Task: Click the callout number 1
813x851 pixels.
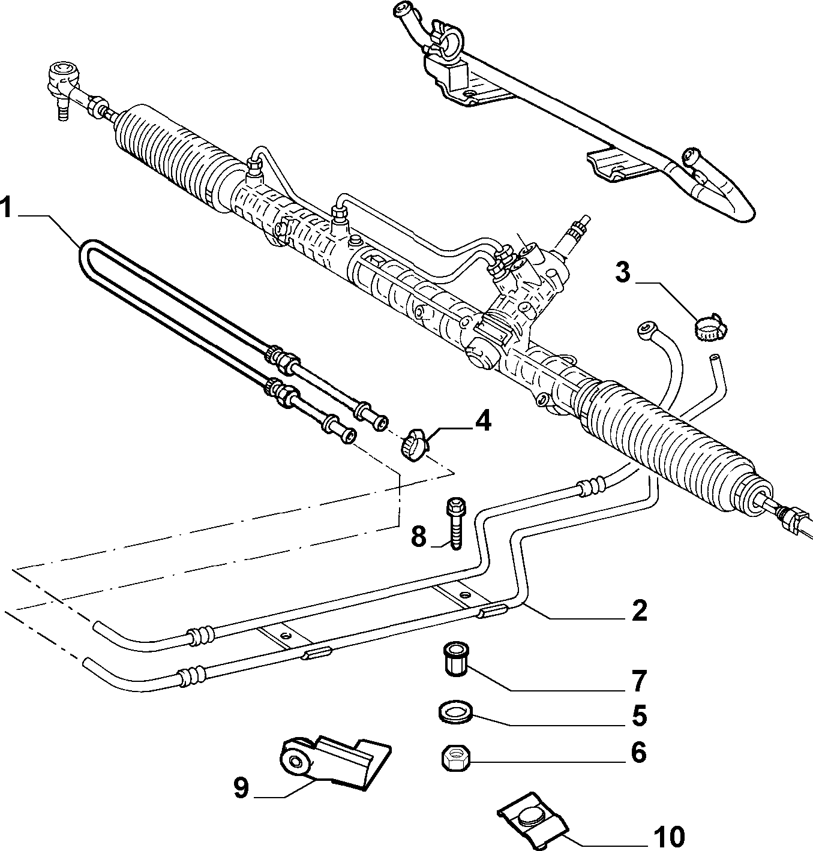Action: pos(5,208)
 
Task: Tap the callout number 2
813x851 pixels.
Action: pos(639,611)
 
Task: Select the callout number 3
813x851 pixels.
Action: pos(623,272)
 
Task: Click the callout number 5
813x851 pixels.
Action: pos(639,716)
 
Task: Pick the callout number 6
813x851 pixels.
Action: pos(639,753)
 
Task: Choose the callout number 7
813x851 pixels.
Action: pos(639,681)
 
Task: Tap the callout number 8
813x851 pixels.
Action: pos(419,536)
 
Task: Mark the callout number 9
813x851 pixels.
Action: pos(241,787)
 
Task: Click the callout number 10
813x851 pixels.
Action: pos(668,836)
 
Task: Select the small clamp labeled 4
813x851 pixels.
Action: pos(414,444)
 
